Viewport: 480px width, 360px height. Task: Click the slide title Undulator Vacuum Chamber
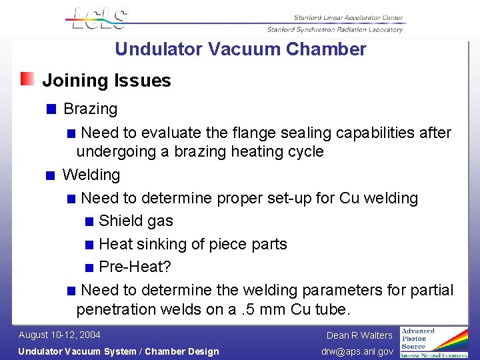240,49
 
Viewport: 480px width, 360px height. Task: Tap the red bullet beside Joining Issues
27,80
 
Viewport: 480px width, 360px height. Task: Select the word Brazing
90,109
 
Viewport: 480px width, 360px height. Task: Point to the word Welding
91,175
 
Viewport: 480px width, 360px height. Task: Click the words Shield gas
135,221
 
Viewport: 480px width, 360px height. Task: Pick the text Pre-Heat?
135,267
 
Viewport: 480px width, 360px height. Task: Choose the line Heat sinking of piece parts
193,244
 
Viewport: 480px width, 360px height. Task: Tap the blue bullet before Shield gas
89,222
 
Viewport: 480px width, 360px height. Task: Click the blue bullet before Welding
51,176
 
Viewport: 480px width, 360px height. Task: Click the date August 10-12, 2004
59,335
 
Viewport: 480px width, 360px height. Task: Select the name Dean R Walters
359,335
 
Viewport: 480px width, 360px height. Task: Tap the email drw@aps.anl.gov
357,351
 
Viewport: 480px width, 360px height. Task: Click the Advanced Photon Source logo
433,341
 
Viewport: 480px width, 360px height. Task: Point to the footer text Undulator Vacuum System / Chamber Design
118,351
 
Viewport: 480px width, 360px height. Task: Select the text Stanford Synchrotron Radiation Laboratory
335,29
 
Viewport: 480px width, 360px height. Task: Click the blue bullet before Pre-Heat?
89,268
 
